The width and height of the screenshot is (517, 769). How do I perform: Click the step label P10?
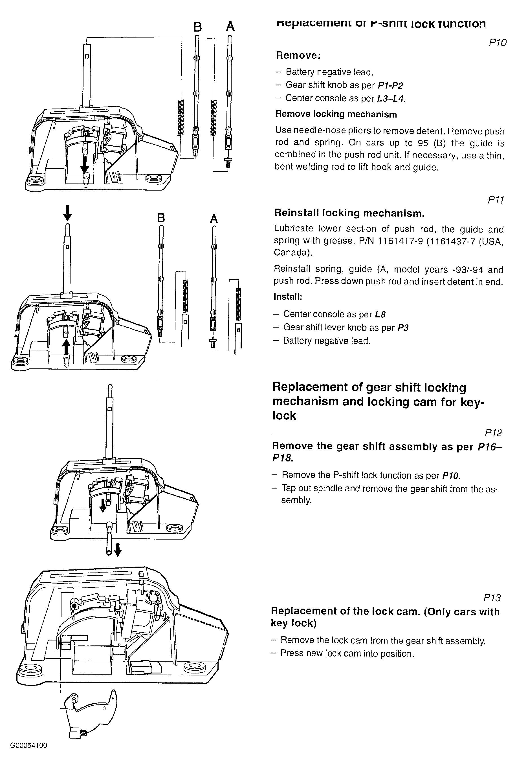(x=498, y=43)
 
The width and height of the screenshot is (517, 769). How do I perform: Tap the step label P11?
(x=496, y=200)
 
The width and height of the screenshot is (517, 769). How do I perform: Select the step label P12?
(x=493, y=433)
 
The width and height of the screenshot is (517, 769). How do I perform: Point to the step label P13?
(x=492, y=598)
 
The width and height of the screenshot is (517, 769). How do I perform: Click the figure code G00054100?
(x=29, y=752)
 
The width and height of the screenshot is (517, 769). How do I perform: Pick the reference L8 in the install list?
(x=380, y=314)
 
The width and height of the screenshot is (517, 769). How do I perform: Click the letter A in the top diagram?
(x=230, y=26)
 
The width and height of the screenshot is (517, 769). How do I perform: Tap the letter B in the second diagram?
(x=161, y=218)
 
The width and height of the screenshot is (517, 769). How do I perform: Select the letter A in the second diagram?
(x=214, y=219)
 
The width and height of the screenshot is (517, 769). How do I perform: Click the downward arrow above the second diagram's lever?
(x=67, y=213)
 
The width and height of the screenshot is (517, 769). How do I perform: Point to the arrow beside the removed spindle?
(x=118, y=549)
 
